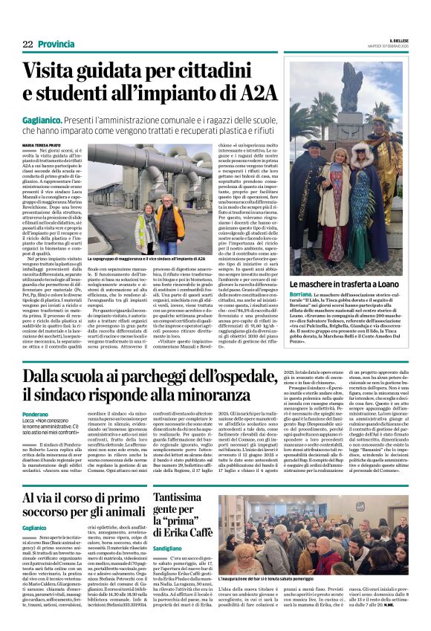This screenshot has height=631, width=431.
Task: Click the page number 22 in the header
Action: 27,45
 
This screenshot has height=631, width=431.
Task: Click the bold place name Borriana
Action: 300,297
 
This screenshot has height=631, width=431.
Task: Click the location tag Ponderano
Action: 38,415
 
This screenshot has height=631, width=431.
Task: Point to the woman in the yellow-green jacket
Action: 146,227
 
